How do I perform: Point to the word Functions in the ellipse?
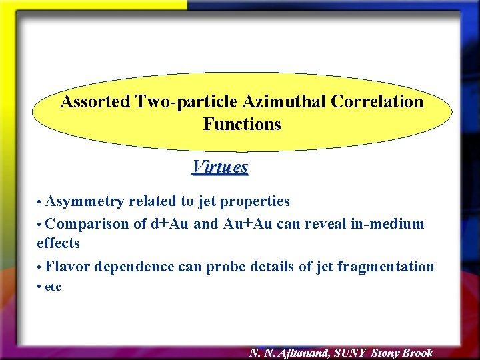pyautogui.click(x=242, y=125)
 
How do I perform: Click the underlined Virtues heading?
pyautogui.click(x=220, y=167)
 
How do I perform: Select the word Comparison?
pyautogui.click(x=89, y=224)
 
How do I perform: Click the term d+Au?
pyautogui.click(x=170, y=224)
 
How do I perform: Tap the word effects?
pyautogui.click(x=58, y=243)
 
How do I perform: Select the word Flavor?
pyautogui.click(x=69, y=267)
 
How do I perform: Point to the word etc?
pyautogui.click(x=53, y=287)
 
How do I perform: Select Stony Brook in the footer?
pyautogui.click(x=402, y=353)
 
